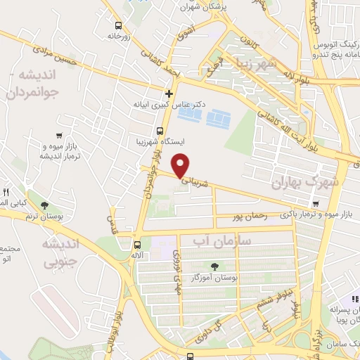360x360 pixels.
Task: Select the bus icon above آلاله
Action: [136, 245]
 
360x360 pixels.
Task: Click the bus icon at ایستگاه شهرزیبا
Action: [160, 131]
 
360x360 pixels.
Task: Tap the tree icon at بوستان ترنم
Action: [46, 205]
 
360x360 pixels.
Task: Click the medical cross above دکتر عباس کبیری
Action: [169, 93]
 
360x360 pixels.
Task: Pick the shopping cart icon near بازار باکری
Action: [316, 205]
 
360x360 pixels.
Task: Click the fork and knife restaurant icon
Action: [6, 191]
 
